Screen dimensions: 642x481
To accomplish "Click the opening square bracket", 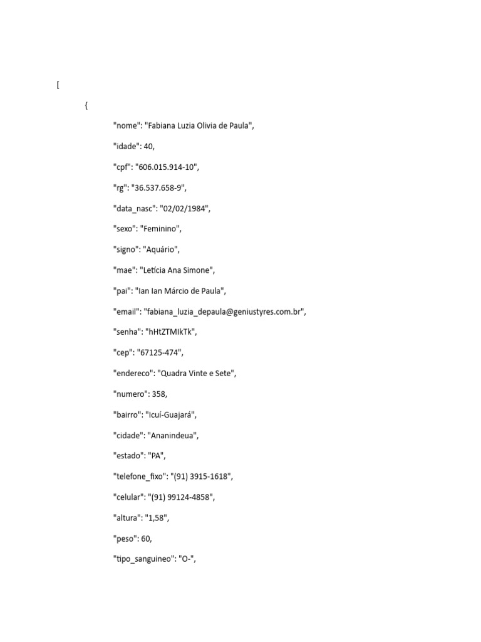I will (x=58, y=85).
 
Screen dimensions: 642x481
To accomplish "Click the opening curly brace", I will (x=86, y=106).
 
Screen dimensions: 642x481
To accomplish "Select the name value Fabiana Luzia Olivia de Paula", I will (x=199, y=125).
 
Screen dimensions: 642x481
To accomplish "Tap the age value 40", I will (x=148, y=146).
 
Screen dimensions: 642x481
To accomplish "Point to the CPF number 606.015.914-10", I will (x=167, y=167).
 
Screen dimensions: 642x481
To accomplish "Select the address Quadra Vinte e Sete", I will (x=197, y=374).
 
